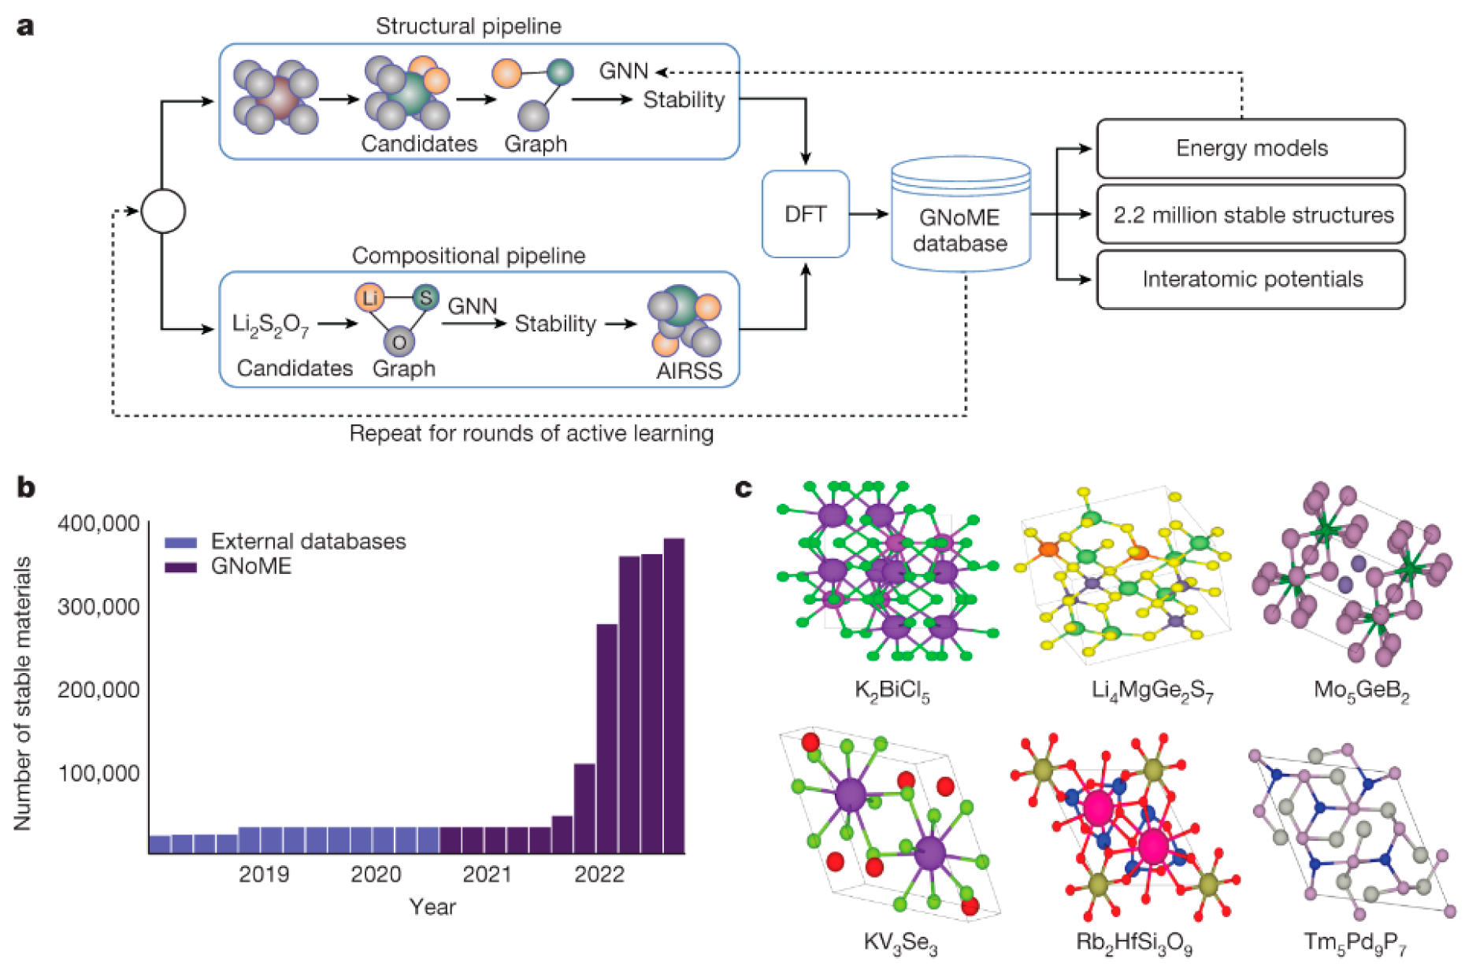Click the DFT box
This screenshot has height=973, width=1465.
[805, 214]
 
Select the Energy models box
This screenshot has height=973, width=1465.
[1250, 148]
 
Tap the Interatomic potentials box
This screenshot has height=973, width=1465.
[1250, 279]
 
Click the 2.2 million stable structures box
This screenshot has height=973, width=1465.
[1250, 214]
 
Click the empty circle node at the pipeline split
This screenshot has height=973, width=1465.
[163, 211]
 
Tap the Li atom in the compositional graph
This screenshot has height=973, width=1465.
[369, 298]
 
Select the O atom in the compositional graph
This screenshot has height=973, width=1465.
[399, 342]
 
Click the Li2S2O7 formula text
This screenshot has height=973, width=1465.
[270, 324]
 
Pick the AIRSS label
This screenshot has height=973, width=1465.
[688, 371]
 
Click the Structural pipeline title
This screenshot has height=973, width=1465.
[468, 26]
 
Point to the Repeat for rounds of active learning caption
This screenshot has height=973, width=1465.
[531, 434]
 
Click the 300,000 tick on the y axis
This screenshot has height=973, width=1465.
[98, 607]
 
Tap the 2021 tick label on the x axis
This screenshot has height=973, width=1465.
[487, 875]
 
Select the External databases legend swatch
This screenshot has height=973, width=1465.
[180, 542]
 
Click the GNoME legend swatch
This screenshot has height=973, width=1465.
[180, 567]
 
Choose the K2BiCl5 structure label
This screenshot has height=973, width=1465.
[892, 691]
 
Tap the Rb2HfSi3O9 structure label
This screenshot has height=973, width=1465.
[1133, 942]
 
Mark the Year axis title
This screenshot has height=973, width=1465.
[432, 907]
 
